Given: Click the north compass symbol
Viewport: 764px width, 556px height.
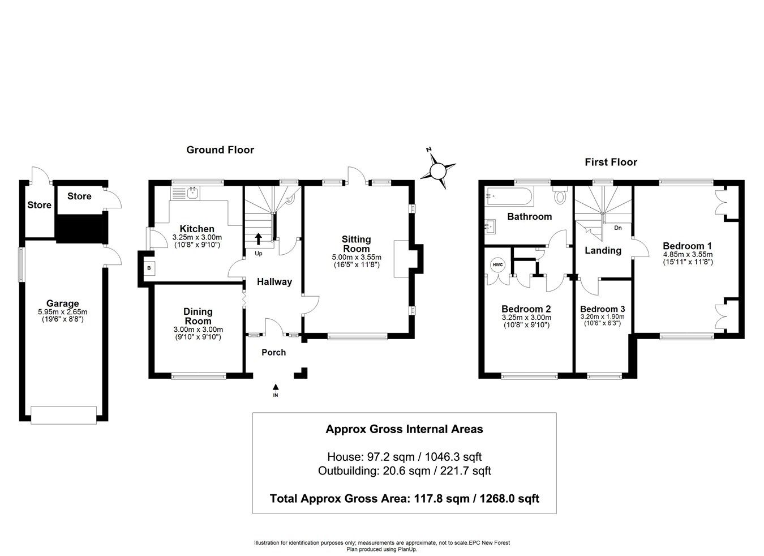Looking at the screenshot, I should pyautogui.click(x=438, y=169).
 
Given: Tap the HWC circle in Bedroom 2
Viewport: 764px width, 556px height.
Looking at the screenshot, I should pyautogui.click(x=497, y=264).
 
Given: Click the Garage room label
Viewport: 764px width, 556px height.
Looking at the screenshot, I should pyautogui.click(x=63, y=303).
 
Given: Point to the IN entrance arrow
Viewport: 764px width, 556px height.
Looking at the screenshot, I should pyautogui.click(x=276, y=388).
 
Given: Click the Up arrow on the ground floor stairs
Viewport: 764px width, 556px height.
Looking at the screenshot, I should pyautogui.click(x=259, y=239).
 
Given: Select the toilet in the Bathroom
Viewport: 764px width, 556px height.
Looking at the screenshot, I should pyautogui.click(x=560, y=195).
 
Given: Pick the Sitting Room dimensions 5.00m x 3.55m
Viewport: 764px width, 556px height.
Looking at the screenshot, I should pyautogui.click(x=357, y=257).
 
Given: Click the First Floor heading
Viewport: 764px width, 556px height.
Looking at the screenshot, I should pyautogui.click(x=611, y=162).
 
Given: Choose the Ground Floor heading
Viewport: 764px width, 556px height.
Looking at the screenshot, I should pyautogui.click(x=220, y=150).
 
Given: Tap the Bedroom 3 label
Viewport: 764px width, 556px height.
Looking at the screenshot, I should pyautogui.click(x=602, y=309).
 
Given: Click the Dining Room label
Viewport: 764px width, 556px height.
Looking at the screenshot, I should pyautogui.click(x=198, y=316).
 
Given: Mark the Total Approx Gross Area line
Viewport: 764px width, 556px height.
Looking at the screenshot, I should pyautogui.click(x=404, y=499).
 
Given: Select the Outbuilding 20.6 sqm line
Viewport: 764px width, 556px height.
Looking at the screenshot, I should pyautogui.click(x=404, y=471).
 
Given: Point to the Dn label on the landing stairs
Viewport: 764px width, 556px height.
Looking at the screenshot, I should pyautogui.click(x=617, y=228).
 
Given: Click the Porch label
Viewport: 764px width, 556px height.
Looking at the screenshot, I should pyautogui.click(x=273, y=352).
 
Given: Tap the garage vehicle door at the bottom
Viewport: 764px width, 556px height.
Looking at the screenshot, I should pyautogui.click(x=63, y=415).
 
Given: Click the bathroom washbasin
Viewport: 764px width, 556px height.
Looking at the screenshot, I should pyautogui.click(x=491, y=226).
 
